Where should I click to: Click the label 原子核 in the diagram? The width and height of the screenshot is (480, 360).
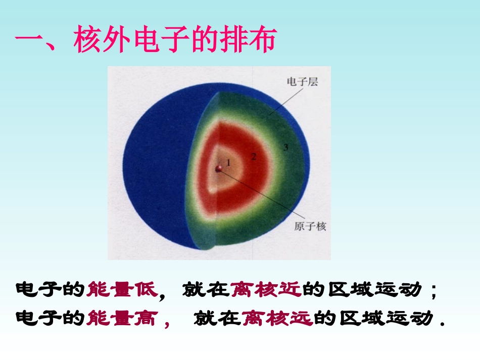click(310, 226)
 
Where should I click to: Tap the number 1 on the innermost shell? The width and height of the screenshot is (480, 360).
click(228, 163)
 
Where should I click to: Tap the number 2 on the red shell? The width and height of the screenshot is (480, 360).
click(254, 157)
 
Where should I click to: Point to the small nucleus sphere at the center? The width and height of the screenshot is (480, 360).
click(219, 169)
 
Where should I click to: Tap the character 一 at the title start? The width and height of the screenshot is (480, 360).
click(29, 41)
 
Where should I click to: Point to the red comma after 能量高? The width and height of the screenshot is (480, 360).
click(167, 323)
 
